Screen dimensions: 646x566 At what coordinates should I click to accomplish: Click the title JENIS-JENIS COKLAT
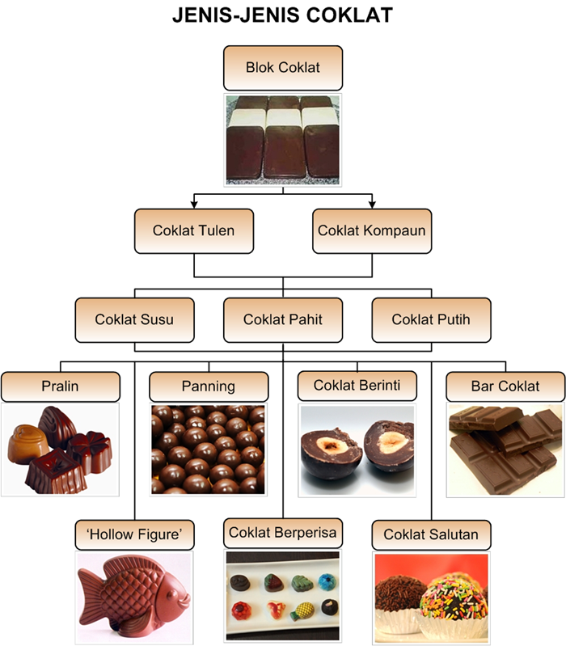coord(282,16)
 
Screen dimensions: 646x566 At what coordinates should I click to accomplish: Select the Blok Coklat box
coord(282,67)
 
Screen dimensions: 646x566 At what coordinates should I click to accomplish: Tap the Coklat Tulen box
coord(193,230)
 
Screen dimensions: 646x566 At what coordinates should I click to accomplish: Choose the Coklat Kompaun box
coord(371,230)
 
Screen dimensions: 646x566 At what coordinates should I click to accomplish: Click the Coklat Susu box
coord(134,319)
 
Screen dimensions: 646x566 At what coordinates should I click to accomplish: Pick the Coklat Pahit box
coord(282,319)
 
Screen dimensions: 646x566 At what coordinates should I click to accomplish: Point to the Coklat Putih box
coord(431,319)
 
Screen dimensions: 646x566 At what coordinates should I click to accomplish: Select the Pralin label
coord(60,386)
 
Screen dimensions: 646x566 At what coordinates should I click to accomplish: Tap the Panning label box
coord(209,386)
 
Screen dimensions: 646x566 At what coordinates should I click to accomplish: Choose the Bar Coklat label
coord(505,386)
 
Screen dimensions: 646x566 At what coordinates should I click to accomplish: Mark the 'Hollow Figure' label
coord(134,534)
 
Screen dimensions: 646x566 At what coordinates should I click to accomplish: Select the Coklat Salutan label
coord(431,534)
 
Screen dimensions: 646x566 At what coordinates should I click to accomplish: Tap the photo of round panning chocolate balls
coord(209,450)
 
